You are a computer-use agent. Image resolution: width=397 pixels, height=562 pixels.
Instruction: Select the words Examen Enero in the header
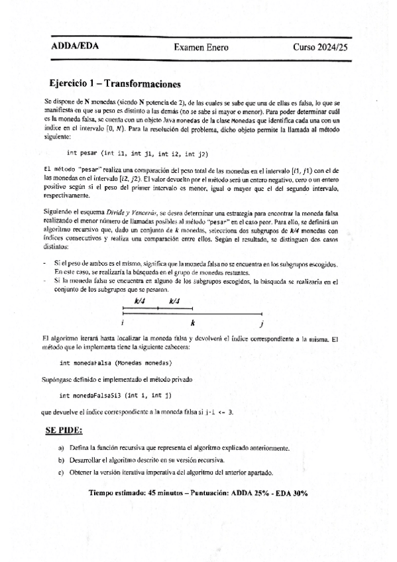point(198,48)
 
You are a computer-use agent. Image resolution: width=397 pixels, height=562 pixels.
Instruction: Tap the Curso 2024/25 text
point(319,48)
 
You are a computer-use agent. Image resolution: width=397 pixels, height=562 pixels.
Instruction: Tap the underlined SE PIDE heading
point(64,431)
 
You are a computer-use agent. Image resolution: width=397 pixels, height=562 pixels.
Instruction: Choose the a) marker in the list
point(62,448)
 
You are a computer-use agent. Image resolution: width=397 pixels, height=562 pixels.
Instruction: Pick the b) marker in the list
point(62,460)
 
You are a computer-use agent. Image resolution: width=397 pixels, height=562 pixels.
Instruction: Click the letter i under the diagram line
point(123,323)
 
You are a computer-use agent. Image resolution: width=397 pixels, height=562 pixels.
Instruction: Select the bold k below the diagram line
point(192,323)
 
